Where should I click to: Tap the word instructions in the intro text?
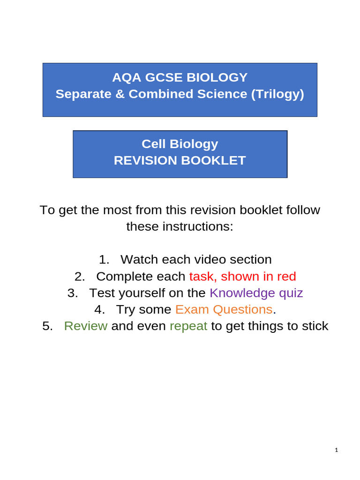click(x=197, y=226)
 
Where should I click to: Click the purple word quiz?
click(x=291, y=293)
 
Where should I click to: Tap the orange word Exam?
click(x=192, y=309)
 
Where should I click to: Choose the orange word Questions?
click(x=242, y=309)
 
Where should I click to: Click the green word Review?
click(x=86, y=326)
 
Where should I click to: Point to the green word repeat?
click(x=188, y=326)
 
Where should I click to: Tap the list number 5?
click(x=47, y=326)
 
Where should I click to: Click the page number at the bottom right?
click(x=337, y=450)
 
